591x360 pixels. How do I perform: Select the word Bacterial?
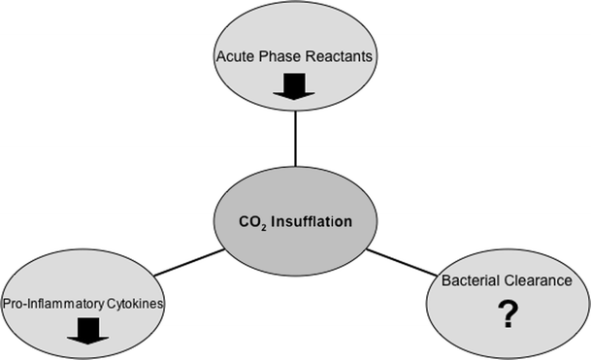470,280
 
